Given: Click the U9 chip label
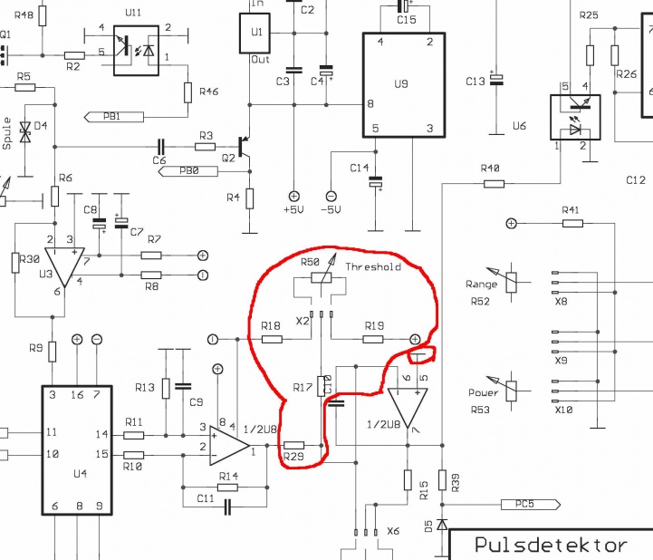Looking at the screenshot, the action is click(x=401, y=84).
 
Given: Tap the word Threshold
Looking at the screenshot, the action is click(x=373, y=266).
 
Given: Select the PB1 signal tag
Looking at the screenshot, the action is click(x=114, y=117).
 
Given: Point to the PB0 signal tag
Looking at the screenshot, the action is click(x=188, y=171).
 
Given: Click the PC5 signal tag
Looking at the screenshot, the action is click(x=530, y=505).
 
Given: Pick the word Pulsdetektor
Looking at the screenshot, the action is click(x=551, y=545).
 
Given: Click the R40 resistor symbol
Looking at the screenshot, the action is click(x=494, y=184).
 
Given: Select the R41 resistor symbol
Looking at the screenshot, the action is click(x=572, y=224).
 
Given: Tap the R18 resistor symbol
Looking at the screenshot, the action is click(x=272, y=340).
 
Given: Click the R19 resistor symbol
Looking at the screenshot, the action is click(x=373, y=340).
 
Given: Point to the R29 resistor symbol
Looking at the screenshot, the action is click(x=293, y=446).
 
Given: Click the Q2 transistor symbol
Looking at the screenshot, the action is click(x=244, y=148).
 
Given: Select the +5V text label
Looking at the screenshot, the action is click(x=293, y=209).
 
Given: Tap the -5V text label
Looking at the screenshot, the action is click(x=331, y=209).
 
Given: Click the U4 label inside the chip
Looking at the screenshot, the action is click(x=80, y=474).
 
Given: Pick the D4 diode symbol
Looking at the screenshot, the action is click(x=25, y=131).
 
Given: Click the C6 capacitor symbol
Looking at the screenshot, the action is click(x=161, y=147).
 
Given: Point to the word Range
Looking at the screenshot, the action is click(x=482, y=285).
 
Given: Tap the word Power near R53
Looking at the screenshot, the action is click(x=483, y=392).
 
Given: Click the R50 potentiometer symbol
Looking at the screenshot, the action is click(x=322, y=278).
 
